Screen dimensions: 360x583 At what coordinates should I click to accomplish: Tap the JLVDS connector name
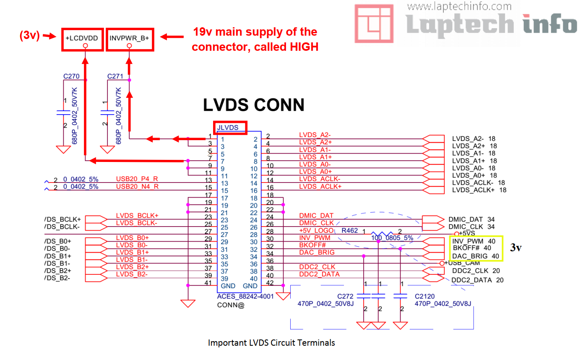[x=230, y=128]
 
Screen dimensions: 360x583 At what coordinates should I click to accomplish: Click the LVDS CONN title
[x=254, y=105]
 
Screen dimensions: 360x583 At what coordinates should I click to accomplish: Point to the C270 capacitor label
[x=71, y=76]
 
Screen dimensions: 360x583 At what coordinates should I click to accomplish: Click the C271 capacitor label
[x=115, y=76]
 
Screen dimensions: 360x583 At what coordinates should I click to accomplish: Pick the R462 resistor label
[x=349, y=230]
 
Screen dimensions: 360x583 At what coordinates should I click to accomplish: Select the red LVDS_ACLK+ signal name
[x=320, y=186]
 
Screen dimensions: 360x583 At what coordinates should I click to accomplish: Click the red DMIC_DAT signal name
[x=316, y=216]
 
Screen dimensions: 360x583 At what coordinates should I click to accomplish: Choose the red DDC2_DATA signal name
[x=319, y=274]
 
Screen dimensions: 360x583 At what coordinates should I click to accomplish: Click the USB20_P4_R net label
[x=137, y=179]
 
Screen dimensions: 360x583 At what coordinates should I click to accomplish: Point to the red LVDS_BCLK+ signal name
[x=137, y=216]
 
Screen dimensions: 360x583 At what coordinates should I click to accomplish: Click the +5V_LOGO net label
[x=316, y=230]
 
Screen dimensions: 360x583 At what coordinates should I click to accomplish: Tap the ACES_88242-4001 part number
[x=245, y=297]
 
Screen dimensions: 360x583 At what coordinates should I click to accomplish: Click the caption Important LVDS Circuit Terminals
[x=271, y=343]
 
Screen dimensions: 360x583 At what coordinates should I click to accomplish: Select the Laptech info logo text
[x=491, y=24]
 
